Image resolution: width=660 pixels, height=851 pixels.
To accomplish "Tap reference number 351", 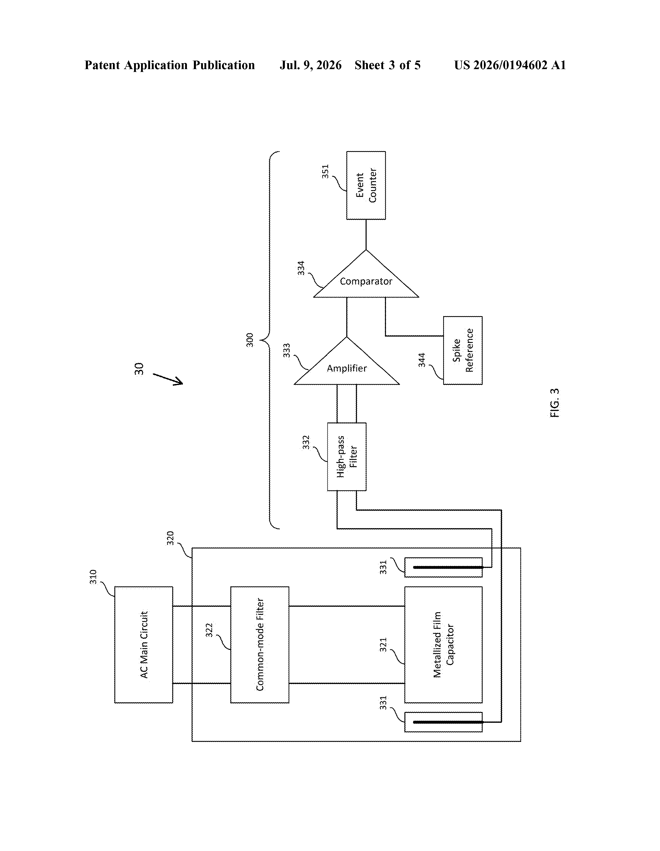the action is (x=325, y=171).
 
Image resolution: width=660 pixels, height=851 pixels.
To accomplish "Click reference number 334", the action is (x=301, y=268).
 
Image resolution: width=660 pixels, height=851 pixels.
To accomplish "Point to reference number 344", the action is (x=422, y=360).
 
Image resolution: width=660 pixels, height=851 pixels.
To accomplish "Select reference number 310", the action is (x=93, y=577).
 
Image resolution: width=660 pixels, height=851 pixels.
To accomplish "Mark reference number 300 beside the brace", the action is (x=250, y=340).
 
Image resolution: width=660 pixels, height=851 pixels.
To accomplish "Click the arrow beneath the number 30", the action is (x=168, y=379).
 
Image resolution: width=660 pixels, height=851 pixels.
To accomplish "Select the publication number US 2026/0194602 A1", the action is (x=510, y=65).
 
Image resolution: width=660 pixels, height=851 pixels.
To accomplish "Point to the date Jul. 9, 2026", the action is (x=310, y=65).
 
